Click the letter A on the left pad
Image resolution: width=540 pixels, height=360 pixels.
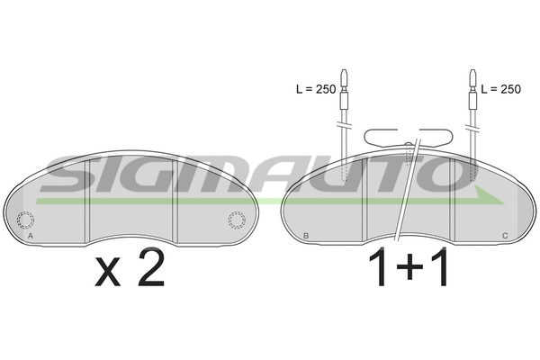coord(31,236)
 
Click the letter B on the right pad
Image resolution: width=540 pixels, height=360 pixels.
coord(306,236)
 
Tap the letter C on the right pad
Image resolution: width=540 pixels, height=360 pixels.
coord(505,236)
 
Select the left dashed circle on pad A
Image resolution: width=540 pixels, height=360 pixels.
coord(25,220)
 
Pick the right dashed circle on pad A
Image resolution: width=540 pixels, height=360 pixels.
coord(237,220)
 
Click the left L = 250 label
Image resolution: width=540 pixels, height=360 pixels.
coord(316,89)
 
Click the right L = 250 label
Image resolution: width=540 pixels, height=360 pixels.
coord(500,89)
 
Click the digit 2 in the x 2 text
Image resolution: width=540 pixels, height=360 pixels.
coord(151,267)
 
